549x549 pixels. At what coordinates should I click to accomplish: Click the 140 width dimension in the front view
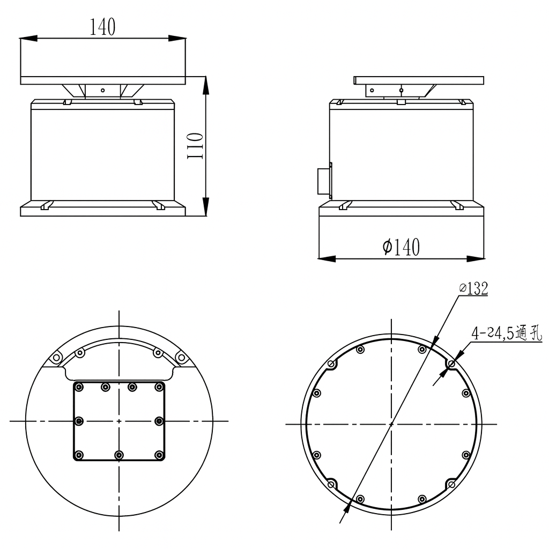(102, 27)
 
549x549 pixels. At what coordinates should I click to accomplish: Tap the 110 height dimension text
(195, 146)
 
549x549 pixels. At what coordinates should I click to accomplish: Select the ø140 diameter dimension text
(401, 247)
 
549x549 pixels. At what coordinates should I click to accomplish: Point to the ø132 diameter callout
(474, 288)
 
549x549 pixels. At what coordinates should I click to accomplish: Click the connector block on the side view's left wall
(324, 181)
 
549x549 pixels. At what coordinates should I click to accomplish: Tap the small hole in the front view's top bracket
(102, 90)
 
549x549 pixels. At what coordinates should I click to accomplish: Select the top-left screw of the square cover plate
(79, 387)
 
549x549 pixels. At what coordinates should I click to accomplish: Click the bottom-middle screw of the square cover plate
(119, 455)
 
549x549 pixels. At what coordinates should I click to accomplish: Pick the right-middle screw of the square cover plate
(159, 420)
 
